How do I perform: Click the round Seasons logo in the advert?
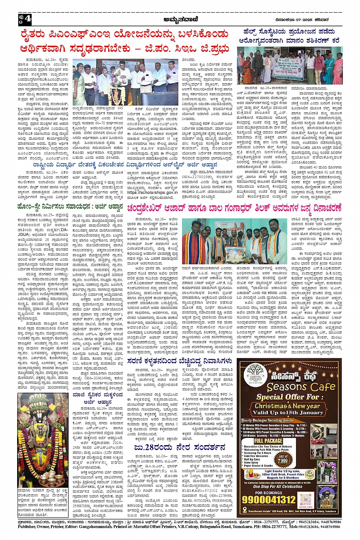pos(254,375)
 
